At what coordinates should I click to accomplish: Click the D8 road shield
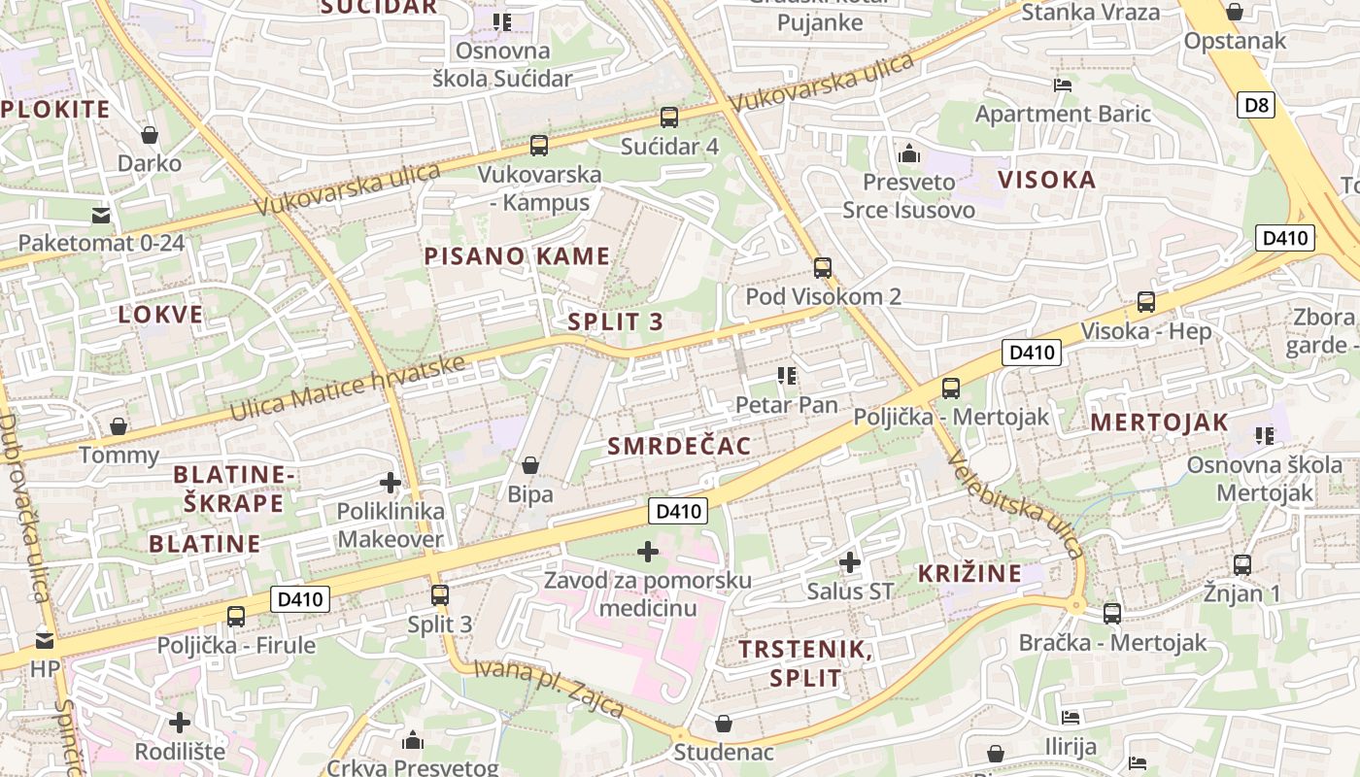click(1256, 105)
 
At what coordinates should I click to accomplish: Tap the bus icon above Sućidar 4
click(668, 118)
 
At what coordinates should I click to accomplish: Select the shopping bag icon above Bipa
click(530, 466)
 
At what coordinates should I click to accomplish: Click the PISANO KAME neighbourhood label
click(517, 257)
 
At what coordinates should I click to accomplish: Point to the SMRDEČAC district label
click(679, 446)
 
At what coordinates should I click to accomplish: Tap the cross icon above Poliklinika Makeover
click(390, 483)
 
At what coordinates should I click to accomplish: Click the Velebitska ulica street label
click(1015, 505)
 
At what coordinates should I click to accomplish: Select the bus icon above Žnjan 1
click(1241, 565)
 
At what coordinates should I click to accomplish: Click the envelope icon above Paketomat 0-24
click(101, 215)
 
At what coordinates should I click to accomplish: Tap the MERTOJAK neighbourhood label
click(1159, 422)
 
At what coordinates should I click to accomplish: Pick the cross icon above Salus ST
click(850, 562)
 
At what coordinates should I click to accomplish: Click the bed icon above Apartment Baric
click(1063, 85)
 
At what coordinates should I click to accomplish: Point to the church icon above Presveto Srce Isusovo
click(909, 153)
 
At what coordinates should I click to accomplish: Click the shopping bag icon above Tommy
click(119, 426)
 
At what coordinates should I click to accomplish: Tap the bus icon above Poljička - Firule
click(236, 617)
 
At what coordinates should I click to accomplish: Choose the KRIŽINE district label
click(969, 573)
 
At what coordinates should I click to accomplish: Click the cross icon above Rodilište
click(180, 723)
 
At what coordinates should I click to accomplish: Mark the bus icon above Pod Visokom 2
click(823, 268)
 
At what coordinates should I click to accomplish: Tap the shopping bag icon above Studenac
click(724, 724)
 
